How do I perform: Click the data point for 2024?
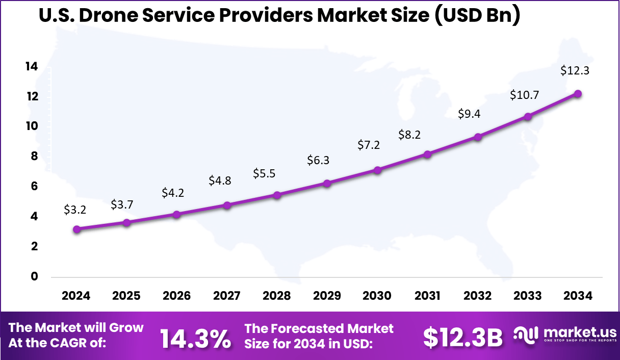click(x=76, y=229)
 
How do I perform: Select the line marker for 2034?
click(x=578, y=94)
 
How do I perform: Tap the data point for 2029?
click(x=327, y=183)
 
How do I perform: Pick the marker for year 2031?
click(x=427, y=154)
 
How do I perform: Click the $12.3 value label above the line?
click(x=575, y=71)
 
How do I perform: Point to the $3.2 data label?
click(x=75, y=209)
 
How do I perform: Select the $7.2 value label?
click(x=368, y=145)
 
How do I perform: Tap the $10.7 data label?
click(x=525, y=95)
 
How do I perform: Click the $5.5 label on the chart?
click(x=264, y=173)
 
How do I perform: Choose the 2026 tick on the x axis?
click(x=176, y=296)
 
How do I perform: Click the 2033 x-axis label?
click(x=528, y=296)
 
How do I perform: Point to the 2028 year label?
click(x=277, y=296)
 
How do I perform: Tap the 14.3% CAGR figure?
click(x=195, y=339)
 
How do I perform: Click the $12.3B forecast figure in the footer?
click(x=463, y=338)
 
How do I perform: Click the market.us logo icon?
click(x=525, y=335)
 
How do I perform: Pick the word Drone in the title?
click(x=116, y=16)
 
